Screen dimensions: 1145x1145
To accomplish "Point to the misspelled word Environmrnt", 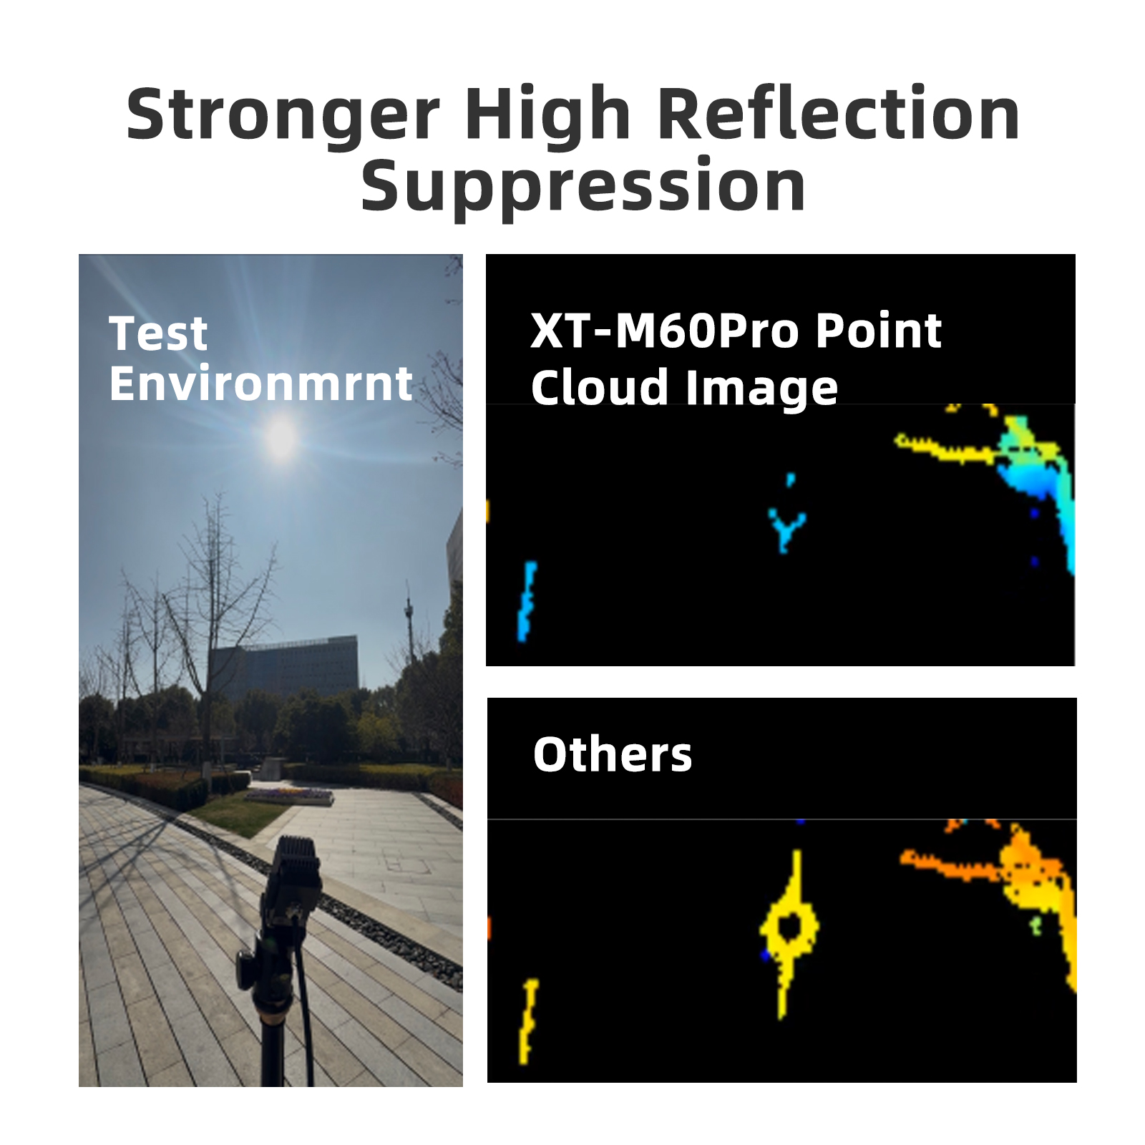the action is (261, 384).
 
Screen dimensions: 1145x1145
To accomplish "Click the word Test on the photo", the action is (158, 333).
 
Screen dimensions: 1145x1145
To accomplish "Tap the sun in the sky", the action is (281, 437).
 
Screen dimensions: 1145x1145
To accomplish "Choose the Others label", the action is (613, 754).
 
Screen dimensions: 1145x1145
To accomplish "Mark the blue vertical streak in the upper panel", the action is (527, 601).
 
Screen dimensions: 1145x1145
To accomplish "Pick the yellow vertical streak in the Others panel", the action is (528, 1021).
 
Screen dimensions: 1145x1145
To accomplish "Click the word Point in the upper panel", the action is (878, 331).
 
